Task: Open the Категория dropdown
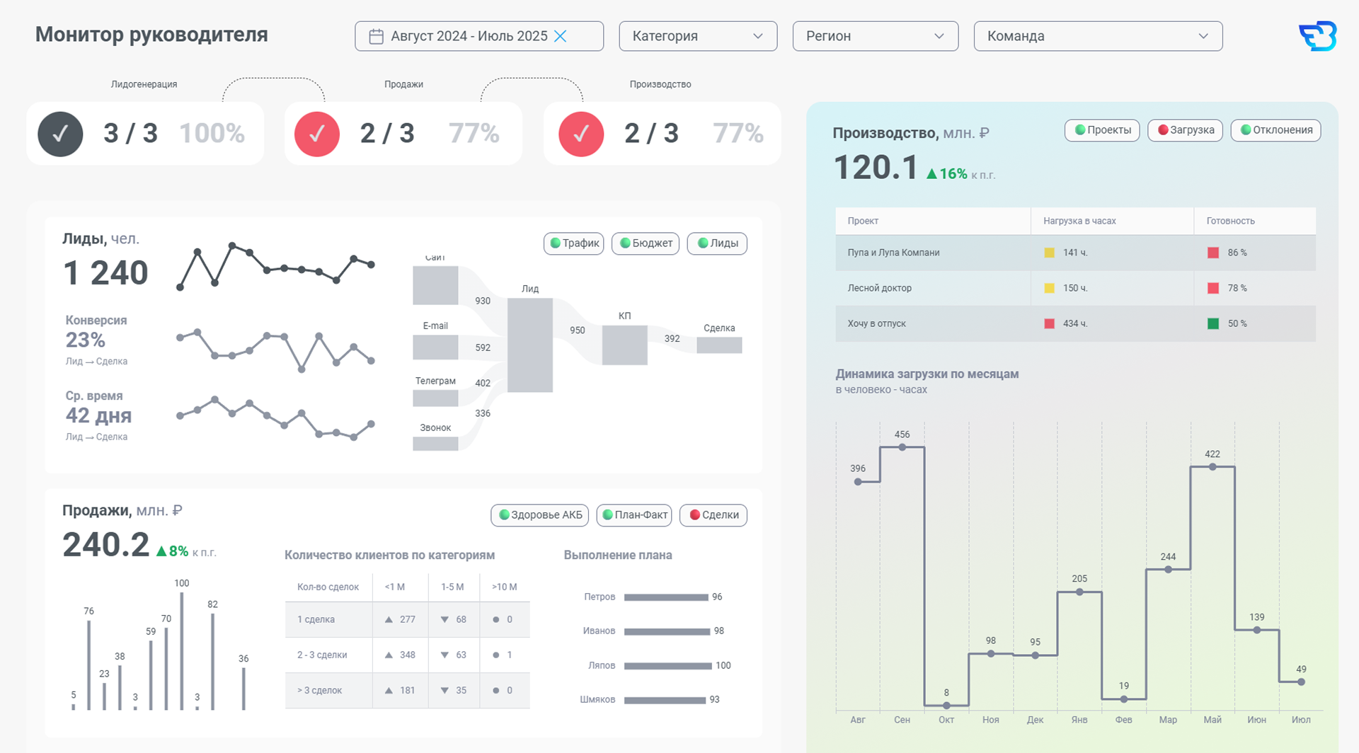(698, 36)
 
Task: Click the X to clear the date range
(560, 36)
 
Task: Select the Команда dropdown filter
(1098, 36)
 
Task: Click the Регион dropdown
(876, 36)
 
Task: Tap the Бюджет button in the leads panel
(646, 243)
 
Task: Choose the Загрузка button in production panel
(1185, 130)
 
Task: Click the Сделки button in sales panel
(713, 515)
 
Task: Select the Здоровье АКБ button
(541, 515)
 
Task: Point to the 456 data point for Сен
(902, 447)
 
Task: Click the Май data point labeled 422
(1212, 467)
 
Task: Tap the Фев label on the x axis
(1123, 720)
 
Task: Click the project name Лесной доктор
(879, 288)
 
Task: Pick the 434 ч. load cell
(1075, 323)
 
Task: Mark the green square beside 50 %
(1213, 323)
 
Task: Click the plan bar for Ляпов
(667, 666)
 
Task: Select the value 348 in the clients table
(407, 655)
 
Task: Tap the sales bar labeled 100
(182, 651)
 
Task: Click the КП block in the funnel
(624, 345)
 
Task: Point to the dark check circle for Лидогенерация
(60, 134)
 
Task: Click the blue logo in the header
(1317, 36)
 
